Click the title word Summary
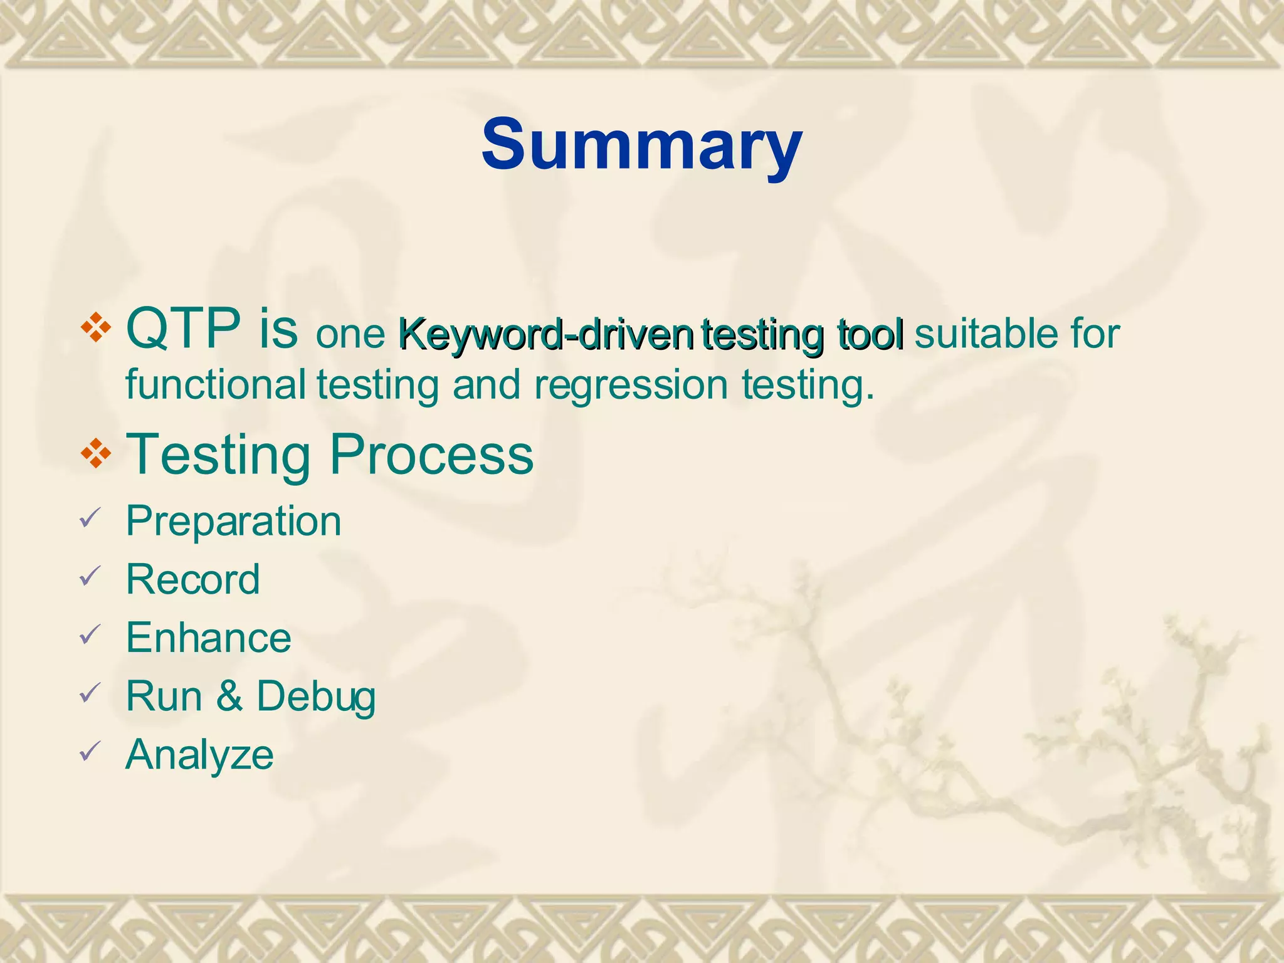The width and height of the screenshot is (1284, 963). [641, 145]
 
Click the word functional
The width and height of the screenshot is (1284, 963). [216, 384]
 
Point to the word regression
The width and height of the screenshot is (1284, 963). [631, 386]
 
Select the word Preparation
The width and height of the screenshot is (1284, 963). [233, 522]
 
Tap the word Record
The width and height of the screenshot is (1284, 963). [192, 579]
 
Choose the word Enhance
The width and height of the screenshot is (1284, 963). [208, 638]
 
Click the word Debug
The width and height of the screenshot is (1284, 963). [316, 697]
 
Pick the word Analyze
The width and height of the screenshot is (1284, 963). [199, 755]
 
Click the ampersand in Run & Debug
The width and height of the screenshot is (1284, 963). [229, 697]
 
